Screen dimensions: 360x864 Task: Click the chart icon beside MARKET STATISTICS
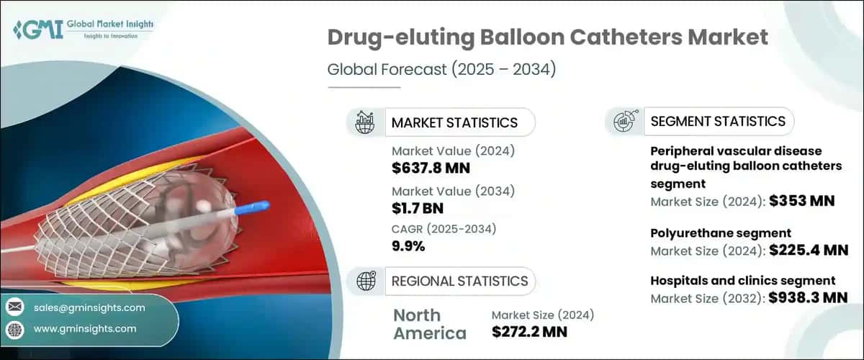pyautogui.click(x=365, y=122)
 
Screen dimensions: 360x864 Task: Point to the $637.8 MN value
pyautogui.click(x=431, y=168)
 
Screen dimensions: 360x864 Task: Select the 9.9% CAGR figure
pyautogui.click(x=408, y=246)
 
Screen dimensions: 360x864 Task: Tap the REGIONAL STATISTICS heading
pyautogui.click(x=459, y=281)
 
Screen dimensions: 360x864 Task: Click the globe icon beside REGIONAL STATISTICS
pyautogui.click(x=365, y=281)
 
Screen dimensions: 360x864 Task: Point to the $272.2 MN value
pyautogui.click(x=529, y=332)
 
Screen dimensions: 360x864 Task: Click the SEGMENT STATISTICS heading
pyautogui.click(x=717, y=121)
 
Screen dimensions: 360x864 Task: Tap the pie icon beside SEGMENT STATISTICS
pyautogui.click(x=624, y=121)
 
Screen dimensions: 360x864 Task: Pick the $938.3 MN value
pyautogui.click(x=809, y=297)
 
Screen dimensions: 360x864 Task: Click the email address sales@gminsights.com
pyautogui.click(x=89, y=307)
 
